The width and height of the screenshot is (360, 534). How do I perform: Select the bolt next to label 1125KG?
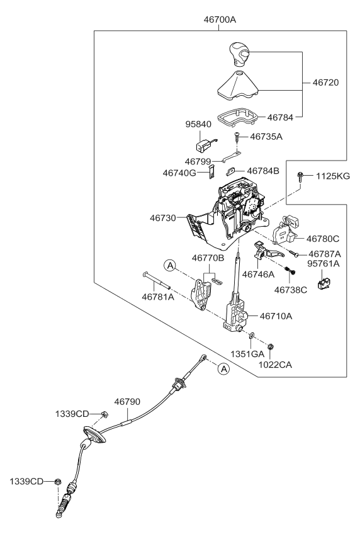pyautogui.click(x=301, y=178)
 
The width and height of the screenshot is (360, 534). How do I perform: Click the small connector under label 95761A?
pyautogui.click(x=325, y=285)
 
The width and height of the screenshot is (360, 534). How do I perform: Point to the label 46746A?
pyautogui.click(x=259, y=275)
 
